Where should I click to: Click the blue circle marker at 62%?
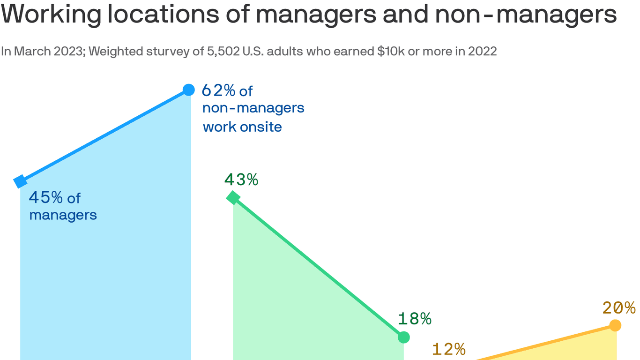pyautogui.click(x=188, y=90)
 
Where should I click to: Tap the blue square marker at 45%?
pyautogui.click(x=20, y=181)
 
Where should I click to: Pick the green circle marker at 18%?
pyautogui.click(x=403, y=337)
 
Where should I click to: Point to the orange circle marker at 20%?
pyautogui.click(x=615, y=325)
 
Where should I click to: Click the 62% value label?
pyautogui.click(x=218, y=90)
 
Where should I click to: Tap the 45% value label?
pyautogui.click(x=45, y=198)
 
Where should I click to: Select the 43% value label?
pyautogui.click(x=241, y=180)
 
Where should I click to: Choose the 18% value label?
pyautogui.click(x=415, y=319)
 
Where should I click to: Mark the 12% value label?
pyautogui.click(x=448, y=349)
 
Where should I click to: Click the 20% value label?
pyautogui.click(x=619, y=308)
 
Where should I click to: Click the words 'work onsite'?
pyautogui.click(x=242, y=127)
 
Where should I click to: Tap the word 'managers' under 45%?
pyautogui.click(x=63, y=215)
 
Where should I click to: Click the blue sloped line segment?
pyautogui.click(x=104, y=135)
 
